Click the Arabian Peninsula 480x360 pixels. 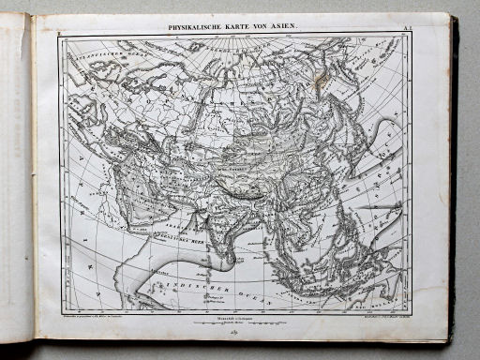tap(141, 225)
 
